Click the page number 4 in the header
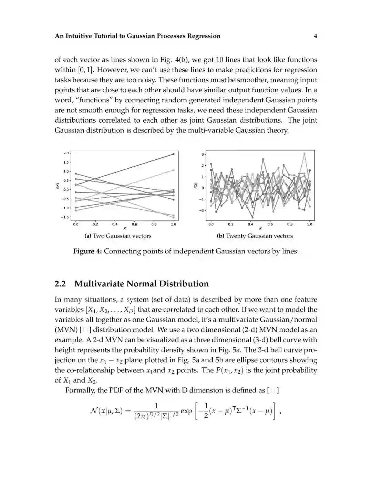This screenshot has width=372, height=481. [x=316, y=36]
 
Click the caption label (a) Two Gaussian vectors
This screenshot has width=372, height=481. [x=118, y=236]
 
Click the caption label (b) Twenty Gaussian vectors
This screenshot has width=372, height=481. [x=255, y=236]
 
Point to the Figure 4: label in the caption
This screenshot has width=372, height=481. [x=87, y=251]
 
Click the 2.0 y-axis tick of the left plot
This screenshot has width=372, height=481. [x=66, y=153]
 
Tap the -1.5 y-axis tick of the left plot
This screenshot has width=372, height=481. [x=65, y=217]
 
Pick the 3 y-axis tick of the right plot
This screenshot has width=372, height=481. [x=203, y=154]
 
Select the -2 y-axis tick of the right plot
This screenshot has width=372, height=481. [x=202, y=210]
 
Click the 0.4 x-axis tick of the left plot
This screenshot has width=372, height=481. [x=115, y=224]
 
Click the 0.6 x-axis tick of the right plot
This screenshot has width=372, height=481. [x=270, y=224]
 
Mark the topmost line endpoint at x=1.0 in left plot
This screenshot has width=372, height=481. [x=174, y=154]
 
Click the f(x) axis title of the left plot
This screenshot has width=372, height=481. [x=58, y=186]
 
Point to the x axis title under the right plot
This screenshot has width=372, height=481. [x=260, y=228]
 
